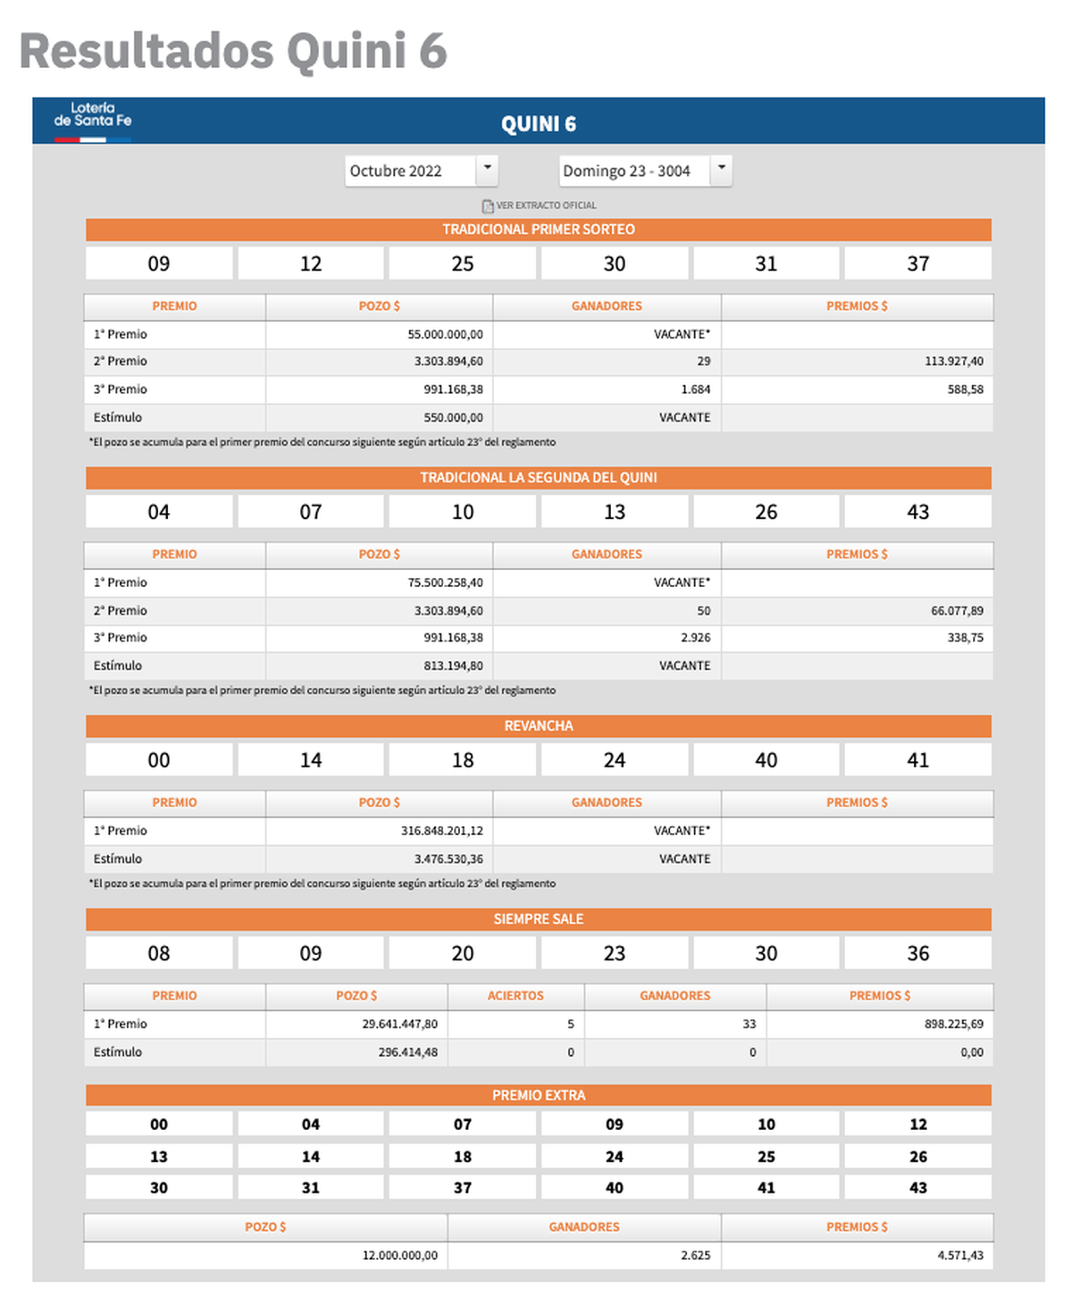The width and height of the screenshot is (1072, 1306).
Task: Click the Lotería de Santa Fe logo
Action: click(93, 120)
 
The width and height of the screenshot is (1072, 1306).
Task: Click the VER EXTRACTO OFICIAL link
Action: click(540, 205)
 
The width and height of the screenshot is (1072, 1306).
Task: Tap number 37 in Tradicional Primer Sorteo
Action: click(917, 264)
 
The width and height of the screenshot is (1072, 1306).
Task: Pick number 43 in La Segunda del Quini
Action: click(917, 512)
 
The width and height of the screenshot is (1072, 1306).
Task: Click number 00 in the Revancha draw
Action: click(159, 760)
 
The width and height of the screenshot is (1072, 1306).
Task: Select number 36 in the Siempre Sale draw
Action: click(917, 953)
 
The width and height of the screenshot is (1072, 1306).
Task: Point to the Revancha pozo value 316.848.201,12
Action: click(441, 831)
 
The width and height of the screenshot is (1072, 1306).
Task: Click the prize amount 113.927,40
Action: click(953, 362)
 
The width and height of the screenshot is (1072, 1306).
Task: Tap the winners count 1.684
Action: click(695, 389)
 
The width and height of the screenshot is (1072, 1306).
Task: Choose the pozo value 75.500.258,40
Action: click(445, 582)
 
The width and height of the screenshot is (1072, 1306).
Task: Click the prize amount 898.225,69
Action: click(953, 1025)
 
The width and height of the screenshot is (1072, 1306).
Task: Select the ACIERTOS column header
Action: click(515, 996)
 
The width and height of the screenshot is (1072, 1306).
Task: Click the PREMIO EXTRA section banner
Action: click(539, 1095)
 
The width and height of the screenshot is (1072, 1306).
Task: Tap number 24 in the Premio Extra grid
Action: click(615, 1157)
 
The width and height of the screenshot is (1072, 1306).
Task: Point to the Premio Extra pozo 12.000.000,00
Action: click(399, 1255)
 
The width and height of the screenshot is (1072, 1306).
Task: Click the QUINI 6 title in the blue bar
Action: click(539, 124)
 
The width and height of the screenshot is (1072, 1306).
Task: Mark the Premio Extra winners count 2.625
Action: click(695, 1255)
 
